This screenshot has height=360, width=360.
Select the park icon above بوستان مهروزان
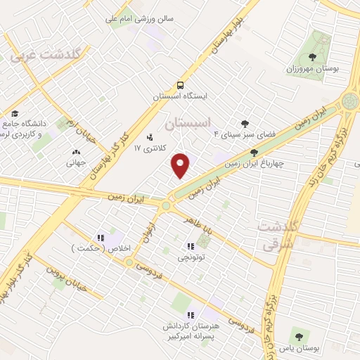[x=313, y=56]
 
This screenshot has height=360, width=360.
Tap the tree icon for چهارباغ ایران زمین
[x=254, y=152]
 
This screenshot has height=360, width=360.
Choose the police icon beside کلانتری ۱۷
[x=149, y=138]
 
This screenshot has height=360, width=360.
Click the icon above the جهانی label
[x=76, y=151]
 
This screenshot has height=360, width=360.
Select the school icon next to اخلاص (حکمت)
[x=101, y=238]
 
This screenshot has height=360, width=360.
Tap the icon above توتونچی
[x=190, y=246]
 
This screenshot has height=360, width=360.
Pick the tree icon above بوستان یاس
[x=299, y=337]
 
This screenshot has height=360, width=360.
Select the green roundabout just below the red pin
[x=166, y=206]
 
